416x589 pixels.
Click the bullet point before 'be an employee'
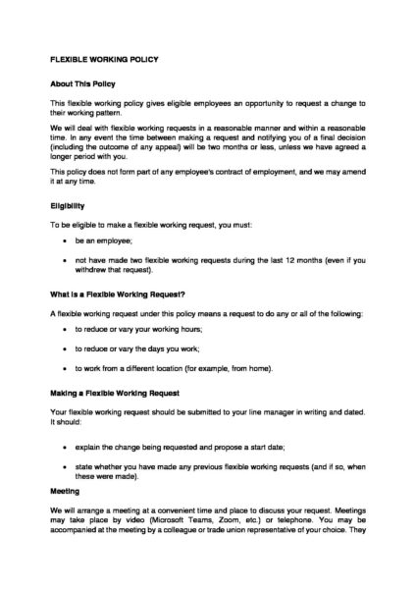point(64,241)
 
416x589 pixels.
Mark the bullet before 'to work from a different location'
point(64,368)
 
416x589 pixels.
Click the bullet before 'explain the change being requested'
point(64,447)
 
